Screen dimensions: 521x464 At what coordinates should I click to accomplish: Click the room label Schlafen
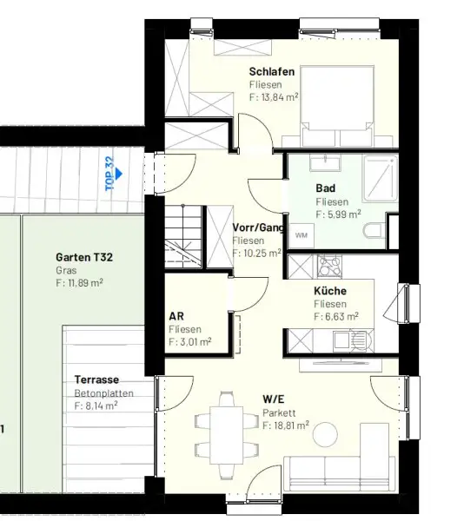[272, 71]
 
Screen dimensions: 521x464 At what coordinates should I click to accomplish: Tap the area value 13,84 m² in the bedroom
[279, 98]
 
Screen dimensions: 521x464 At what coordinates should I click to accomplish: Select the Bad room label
[325, 188]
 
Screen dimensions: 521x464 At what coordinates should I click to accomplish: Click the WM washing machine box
[302, 234]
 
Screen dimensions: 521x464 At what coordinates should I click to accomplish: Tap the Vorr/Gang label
[258, 228]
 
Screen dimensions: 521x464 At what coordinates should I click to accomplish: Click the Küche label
[330, 292]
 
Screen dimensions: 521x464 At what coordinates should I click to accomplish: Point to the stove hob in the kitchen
[330, 264]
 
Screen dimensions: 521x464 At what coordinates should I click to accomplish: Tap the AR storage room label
[176, 317]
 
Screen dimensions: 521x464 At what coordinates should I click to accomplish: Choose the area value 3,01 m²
[190, 342]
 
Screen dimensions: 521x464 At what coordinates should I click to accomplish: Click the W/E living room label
[274, 399]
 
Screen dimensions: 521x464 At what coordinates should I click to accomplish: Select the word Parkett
[278, 412]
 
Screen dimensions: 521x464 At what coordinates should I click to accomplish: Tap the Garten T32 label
[84, 257]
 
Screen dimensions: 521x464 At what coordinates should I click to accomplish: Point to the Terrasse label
[96, 379]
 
